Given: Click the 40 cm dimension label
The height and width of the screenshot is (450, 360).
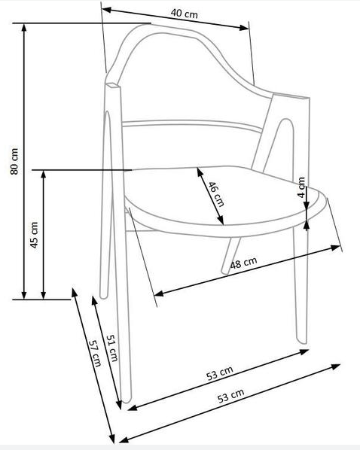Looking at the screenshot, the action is pos(185,14).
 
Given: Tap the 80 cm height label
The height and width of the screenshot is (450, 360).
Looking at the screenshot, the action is pos(14,161).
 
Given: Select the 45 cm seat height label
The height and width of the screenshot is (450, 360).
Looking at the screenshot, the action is pos(34,235).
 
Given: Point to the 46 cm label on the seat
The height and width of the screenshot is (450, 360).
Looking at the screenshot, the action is pos(215,194).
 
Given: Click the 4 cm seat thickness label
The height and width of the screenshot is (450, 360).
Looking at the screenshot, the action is pos(301,187).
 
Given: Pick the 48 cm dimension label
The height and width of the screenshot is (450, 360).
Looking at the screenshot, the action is pos(243,263).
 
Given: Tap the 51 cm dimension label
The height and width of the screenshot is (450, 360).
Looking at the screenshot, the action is pos(112,348).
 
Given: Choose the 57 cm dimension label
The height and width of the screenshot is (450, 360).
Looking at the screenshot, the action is pos(95,353).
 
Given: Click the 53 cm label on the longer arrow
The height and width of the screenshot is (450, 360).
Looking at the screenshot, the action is pos(230,396).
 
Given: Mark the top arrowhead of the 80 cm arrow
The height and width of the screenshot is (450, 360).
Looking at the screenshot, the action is pos(24,28).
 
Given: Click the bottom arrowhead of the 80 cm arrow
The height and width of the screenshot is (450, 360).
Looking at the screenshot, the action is pos(24,295).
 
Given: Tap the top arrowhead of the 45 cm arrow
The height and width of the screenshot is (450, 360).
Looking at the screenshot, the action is pos(44,175).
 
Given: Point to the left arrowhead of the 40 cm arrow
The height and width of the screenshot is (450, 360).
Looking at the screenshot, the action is pos(107,10).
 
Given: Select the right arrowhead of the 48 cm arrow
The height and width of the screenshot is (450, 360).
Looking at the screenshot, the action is pos(336,248).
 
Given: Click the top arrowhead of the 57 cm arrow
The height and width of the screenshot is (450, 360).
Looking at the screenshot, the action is pos(74,293).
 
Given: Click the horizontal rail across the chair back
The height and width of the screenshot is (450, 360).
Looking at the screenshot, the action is pos(192,124).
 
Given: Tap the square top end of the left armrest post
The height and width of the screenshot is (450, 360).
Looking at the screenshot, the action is pos(112,85).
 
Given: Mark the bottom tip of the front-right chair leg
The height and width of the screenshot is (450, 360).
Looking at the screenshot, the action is pos(302,342).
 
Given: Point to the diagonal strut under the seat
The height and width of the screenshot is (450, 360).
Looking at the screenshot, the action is pos(230,255).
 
